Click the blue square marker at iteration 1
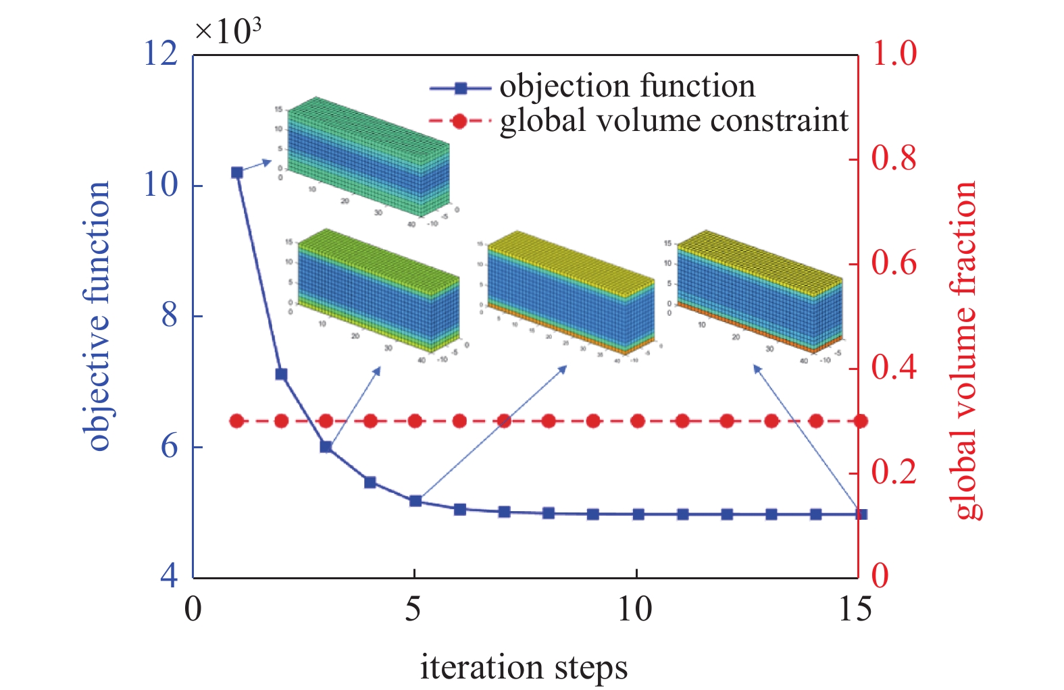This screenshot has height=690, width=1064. click(x=237, y=173)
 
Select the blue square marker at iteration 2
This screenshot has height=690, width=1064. click(x=282, y=374)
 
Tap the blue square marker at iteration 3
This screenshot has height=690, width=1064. click(x=326, y=446)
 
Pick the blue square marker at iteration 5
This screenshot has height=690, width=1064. click(x=415, y=501)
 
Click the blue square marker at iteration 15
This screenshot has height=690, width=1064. click(x=861, y=514)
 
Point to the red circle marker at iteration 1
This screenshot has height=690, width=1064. click(x=237, y=421)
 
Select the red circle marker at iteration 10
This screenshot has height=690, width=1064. click(x=638, y=421)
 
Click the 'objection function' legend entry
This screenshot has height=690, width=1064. click(x=626, y=86)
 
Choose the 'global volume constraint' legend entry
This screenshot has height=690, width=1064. click(x=674, y=121)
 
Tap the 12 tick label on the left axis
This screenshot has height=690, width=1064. click(x=161, y=53)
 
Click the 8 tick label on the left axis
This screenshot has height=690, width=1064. click(x=170, y=315)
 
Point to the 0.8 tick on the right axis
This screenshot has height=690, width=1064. click(x=893, y=158)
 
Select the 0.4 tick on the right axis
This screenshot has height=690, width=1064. click(x=893, y=367)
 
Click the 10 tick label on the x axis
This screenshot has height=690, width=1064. click(x=635, y=610)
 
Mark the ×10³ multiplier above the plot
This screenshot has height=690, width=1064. click(x=228, y=31)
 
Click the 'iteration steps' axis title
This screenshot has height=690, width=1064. click(x=524, y=667)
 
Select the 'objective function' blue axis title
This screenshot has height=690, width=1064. click(x=99, y=316)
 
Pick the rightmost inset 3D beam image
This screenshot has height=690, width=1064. click(x=757, y=297)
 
